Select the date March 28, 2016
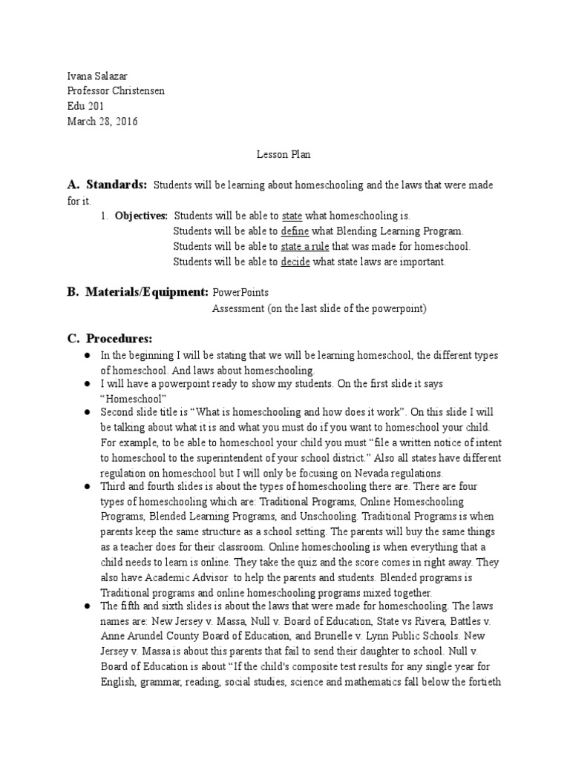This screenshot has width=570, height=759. pos(102,122)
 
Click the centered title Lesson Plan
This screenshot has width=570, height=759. pos(284,155)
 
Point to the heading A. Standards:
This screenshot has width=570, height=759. pos(108,185)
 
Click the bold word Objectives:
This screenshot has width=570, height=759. pos(141,216)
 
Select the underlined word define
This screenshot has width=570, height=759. pos(295,231)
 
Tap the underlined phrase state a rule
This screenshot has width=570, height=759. pos(305,246)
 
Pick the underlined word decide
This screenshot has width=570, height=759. pos(295,262)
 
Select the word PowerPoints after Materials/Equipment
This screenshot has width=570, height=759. pos(240,292)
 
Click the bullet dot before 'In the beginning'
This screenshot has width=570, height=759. pos(86,356)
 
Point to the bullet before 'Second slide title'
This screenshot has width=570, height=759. pos(86,411)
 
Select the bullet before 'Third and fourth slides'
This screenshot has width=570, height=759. pos(86,485)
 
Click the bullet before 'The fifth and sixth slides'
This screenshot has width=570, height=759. pos(86,606)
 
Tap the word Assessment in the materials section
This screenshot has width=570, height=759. pos(238,308)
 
